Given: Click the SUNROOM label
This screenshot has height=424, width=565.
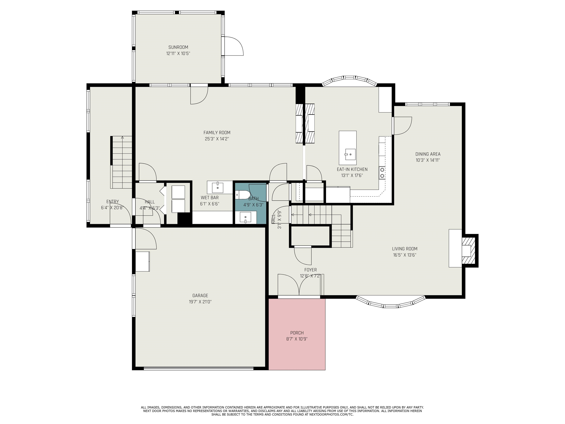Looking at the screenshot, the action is [178, 47].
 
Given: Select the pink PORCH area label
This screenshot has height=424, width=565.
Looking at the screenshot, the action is [297, 333].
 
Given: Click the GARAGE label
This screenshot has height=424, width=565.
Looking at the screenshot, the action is [200, 295].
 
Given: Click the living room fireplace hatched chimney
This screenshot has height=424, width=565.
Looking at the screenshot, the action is [468, 250].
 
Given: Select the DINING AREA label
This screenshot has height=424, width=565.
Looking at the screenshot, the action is [428, 154].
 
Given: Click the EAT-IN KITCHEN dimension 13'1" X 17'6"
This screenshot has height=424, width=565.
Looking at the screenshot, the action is [352, 176].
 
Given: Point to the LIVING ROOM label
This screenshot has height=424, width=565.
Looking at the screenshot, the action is [405, 249].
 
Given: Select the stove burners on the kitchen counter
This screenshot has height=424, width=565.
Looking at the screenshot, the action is [382, 172].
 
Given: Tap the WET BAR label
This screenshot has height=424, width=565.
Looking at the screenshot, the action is [209, 198].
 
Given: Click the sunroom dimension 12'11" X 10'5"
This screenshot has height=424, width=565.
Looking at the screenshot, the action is [178, 54].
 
